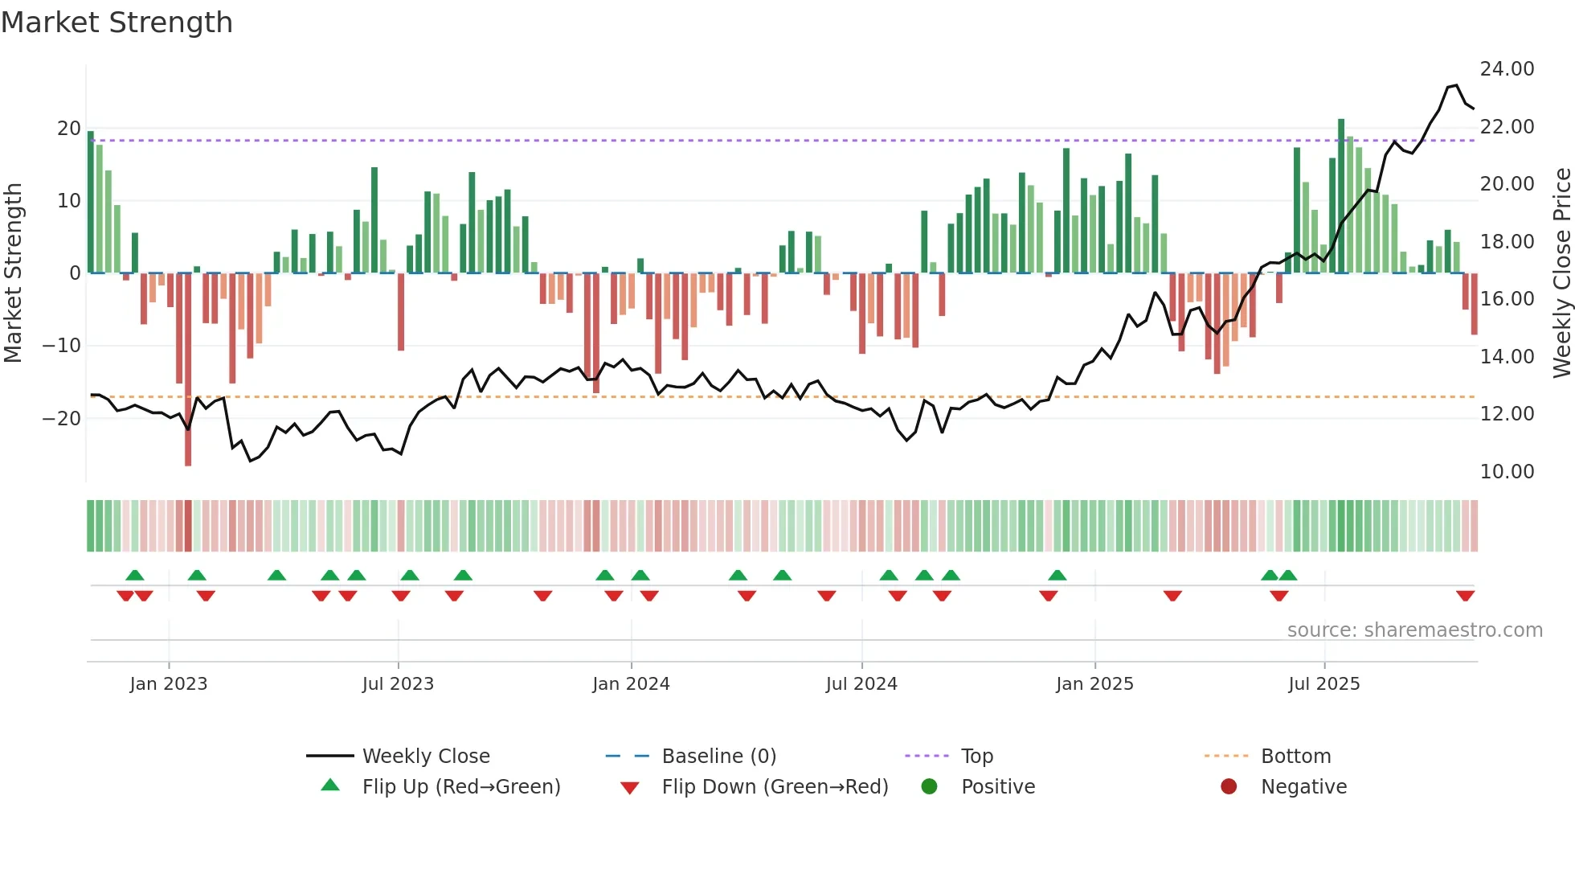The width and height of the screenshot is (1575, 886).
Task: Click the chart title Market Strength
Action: tap(117, 23)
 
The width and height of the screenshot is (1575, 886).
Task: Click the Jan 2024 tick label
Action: tap(631, 684)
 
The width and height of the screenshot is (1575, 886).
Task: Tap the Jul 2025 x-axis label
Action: tap(1323, 684)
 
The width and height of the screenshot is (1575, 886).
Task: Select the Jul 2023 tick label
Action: tap(398, 684)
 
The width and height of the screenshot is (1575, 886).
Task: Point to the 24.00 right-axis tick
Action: tap(1507, 69)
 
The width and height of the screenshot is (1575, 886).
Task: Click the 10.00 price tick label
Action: tap(1507, 472)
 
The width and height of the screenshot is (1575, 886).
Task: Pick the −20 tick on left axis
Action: tap(61, 418)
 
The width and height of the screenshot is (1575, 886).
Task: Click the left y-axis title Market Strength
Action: tap(14, 273)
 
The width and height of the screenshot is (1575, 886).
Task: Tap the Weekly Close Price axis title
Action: tap(1561, 273)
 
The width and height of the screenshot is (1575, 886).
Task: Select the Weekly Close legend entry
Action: tap(426, 757)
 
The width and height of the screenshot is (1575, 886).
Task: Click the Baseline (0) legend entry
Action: tap(718, 757)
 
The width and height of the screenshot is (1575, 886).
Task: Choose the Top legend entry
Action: tap(977, 757)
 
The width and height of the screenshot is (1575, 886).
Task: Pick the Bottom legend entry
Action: tap(1295, 757)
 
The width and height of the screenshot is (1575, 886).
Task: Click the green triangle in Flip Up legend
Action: tap(330, 786)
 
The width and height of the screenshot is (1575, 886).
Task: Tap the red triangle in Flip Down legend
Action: tap(630, 788)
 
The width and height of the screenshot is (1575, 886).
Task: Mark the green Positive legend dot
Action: tap(929, 786)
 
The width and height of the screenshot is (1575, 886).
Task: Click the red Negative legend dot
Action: tap(1229, 786)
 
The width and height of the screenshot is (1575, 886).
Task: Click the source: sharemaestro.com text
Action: tap(1414, 630)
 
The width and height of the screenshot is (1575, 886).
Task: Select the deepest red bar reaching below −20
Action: tap(188, 370)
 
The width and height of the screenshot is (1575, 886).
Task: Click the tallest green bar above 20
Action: tap(1341, 196)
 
